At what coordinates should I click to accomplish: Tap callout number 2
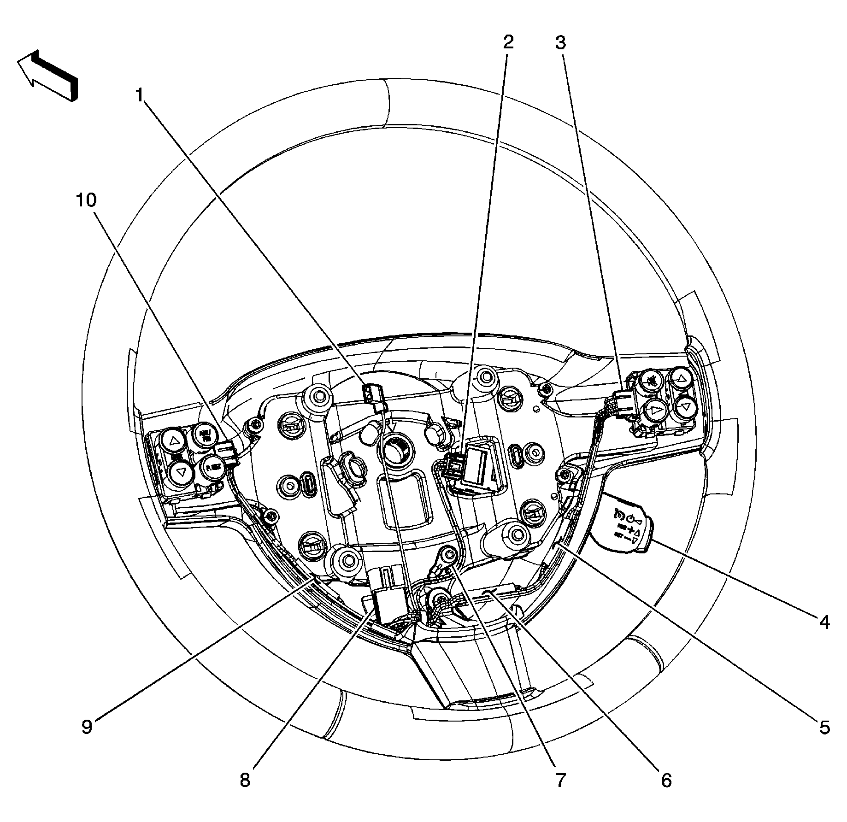click(508, 43)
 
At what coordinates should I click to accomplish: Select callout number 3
click(560, 43)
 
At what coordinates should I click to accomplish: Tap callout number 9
click(87, 726)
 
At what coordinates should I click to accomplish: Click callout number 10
click(87, 200)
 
